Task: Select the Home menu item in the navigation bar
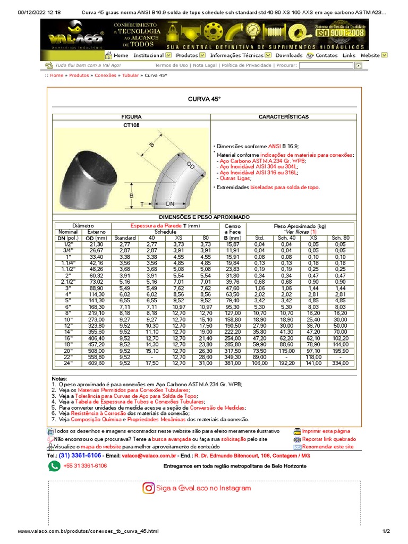tap(121, 55)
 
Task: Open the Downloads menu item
tap(288, 55)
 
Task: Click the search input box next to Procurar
tap(326, 65)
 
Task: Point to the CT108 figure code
tap(131, 125)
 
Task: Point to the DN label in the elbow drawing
tap(171, 204)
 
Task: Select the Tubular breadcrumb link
tap(130, 76)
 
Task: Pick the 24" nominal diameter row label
tap(67, 363)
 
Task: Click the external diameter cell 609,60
tap(97, 363)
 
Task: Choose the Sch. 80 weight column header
tap(340, 237)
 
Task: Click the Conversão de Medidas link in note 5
tap(222, 408)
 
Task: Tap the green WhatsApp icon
tap(54, 466)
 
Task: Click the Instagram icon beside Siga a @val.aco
tap(149, 488)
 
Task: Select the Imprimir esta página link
tap(326, 431)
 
